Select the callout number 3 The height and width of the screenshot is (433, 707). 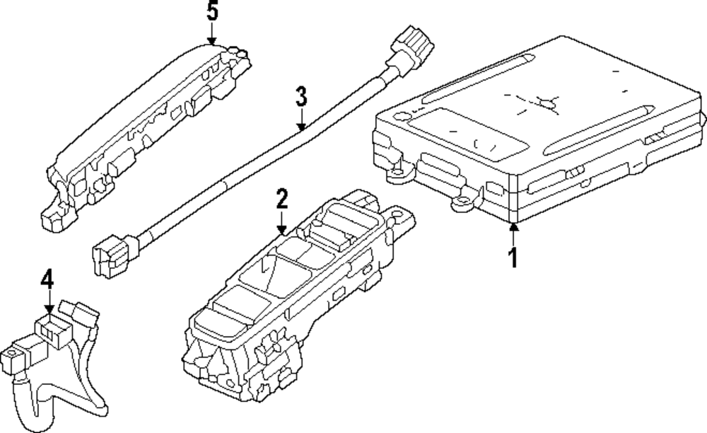[x=301, y=96]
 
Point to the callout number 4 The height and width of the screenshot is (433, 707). [x=47, y=280]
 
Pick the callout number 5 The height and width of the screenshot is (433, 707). [x=211, y=12]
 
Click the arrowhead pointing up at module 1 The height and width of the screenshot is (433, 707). [x=514, y=226]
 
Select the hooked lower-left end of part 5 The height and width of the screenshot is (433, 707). [x=52, y=216]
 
